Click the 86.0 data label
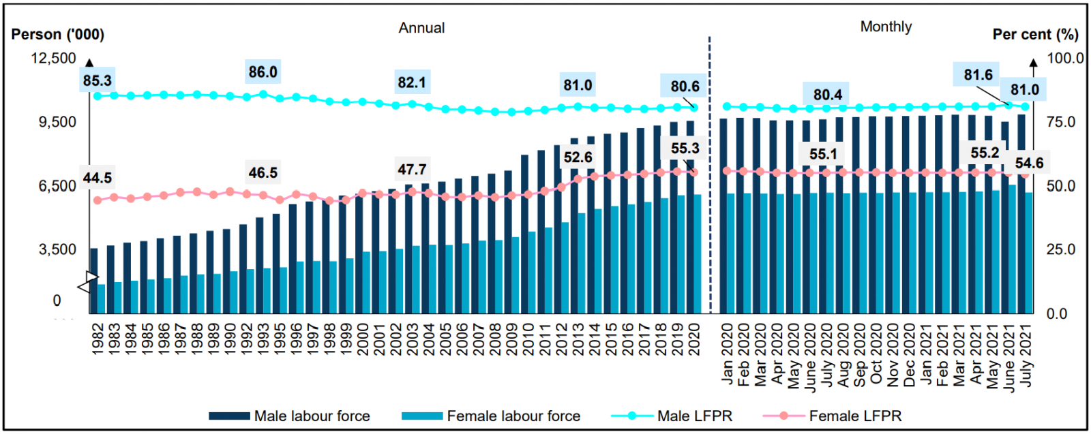click(x=263, y=72)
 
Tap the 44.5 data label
click(x=97, y=178)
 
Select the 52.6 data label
click(x=578, y=157)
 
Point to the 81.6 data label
click(x=978, y=75)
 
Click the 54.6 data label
click(x=1029, y=163)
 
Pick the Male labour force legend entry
click(x=289, y=416)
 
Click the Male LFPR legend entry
click(x=672, y=416)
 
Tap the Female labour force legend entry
click(x=491, y=416)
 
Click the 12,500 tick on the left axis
click(x=53, y=59)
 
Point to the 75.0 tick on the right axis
click(x=1061, y=122)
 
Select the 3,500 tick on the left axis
click(x=57, y=249)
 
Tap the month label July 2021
click(x=1026, y=355)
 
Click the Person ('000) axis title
click(x=58, y=34)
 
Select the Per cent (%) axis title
click(x=1035, y=34)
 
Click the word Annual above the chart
click(x=421, y=28)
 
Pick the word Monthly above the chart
click(x=886, y=27)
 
